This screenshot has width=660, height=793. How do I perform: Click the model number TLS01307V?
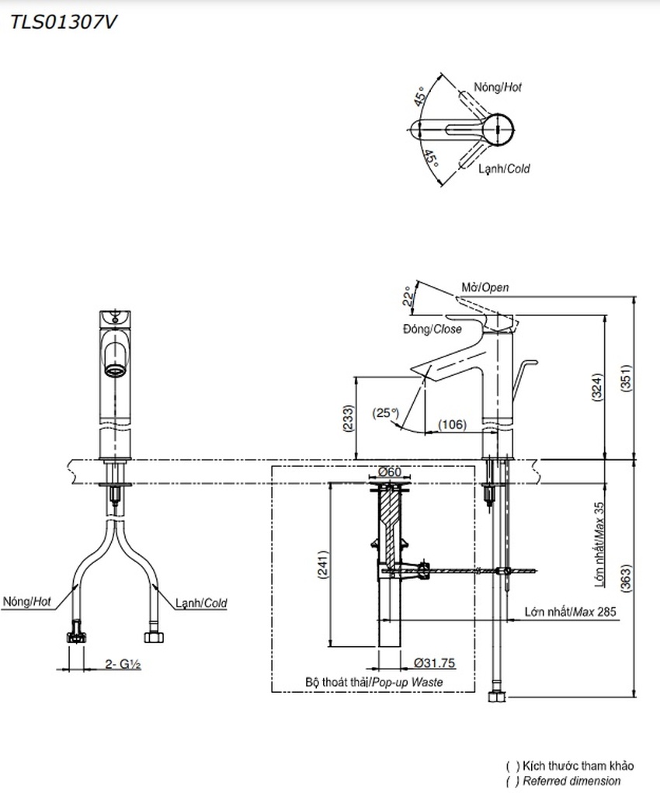64,23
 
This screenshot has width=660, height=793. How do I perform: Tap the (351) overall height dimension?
626,377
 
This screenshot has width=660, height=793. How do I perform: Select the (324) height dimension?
597,387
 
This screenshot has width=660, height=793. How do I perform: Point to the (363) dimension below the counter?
626,578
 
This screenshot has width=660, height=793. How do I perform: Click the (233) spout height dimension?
349,418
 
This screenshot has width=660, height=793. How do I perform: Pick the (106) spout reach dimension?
452,424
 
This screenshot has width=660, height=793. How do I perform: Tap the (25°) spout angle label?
385,412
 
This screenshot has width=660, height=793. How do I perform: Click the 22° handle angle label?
408,297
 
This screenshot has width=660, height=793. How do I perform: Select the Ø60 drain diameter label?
390,472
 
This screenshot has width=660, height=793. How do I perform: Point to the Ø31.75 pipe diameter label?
435,663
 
